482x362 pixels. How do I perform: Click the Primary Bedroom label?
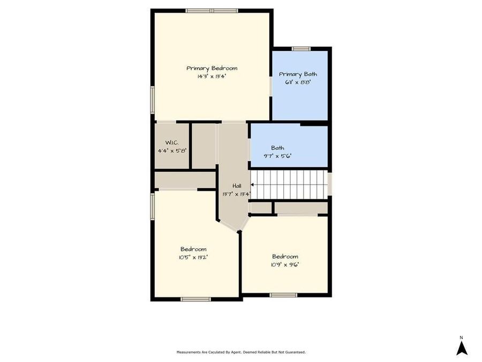click(212, 68)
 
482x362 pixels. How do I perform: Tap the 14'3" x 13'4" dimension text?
click(212, 76)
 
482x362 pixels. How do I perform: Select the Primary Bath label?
click(298, 74)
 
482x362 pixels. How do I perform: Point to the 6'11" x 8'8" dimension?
click(298, 82)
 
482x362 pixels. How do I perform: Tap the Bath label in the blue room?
click(277, 147)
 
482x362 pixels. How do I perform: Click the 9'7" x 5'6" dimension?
click(277, 156)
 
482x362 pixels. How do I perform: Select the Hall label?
click(236, 186)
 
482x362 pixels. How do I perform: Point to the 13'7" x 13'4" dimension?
click(236, 194)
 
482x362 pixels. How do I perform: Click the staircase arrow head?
click(252, 184)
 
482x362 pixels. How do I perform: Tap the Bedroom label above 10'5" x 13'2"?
click(193, 249)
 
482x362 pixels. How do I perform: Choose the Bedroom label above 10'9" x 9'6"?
click(285, 256)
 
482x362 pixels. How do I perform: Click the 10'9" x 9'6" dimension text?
click(285, 264)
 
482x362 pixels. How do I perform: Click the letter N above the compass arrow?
click(462, 337)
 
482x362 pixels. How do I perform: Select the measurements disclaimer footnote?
click(241, 352)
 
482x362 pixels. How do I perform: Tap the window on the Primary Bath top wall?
click(301, 49)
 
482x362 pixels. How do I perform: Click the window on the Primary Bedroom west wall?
click(152, 100)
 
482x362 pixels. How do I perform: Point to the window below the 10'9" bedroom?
click(283, 294)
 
